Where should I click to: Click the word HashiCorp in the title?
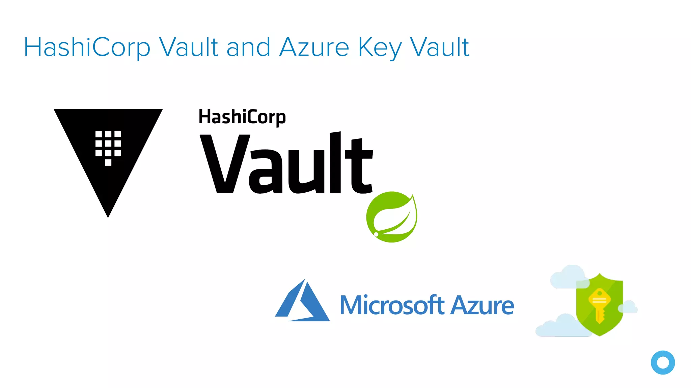pyautogui.click(x=87, y=47)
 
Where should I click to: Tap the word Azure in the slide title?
pyautogui.click(x=314, y=47)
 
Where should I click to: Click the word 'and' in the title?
pyautogui.click(x=248, y=47)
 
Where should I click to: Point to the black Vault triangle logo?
pyautogui.click(x=108, y=148)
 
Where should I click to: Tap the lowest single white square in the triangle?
pyautogui.click(x=108, y=162)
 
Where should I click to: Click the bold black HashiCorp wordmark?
pyautogui.click(x=242, y=117)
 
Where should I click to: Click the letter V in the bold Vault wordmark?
pyautogui.click(x=225, y=164)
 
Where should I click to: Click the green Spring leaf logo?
pyautogui.click(x=392, y=217)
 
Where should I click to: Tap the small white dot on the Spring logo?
pyautogui.click(x=376, y=234)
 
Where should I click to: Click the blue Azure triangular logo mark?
pyautogui.click(x=302, y=301)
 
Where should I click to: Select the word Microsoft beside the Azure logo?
pyautogui.click(x=391, y=305)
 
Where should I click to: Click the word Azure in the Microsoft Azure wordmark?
pyautogui.click(x=482, y=305)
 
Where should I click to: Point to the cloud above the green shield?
pyautogui.click(x=569, y=276)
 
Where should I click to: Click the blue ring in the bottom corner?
pyautogui.click(x=663, y=362)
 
